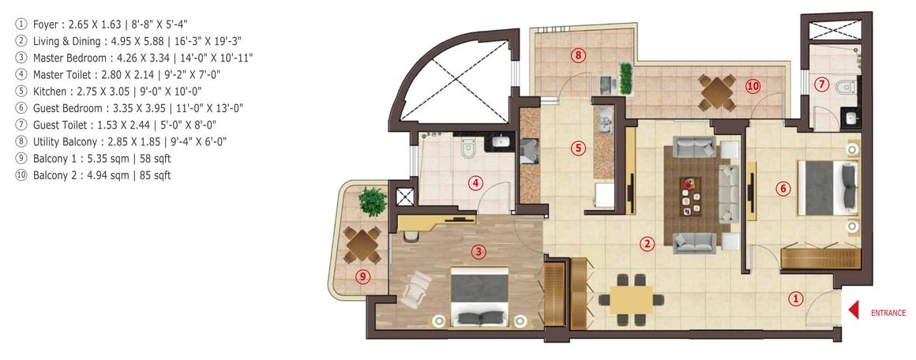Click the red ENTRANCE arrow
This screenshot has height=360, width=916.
(x=853, y=312)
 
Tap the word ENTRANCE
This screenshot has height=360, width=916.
(x=888, y=313)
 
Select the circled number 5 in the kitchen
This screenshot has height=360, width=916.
(x=578, y=147)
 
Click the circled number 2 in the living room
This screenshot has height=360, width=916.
(x=647, y=244)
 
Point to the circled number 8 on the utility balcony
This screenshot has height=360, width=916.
(x=579, y=55)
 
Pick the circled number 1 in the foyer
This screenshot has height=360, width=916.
(x=796, y=298)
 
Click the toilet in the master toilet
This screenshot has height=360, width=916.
(x=467, y=146)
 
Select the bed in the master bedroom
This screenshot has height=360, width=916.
(x=480, y=296)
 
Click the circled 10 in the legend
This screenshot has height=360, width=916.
(x=21, y=175)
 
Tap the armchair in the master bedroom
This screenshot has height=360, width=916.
(x=415, y=288)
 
